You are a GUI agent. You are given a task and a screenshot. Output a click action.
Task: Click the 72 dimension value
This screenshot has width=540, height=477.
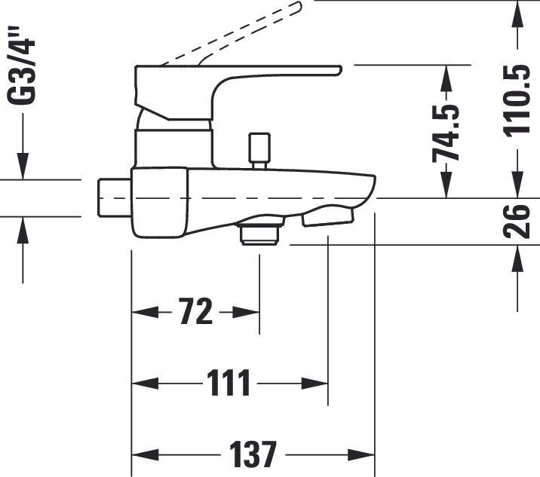[196, 311]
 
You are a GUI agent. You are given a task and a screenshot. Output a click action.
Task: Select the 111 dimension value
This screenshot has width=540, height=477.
[229, 384]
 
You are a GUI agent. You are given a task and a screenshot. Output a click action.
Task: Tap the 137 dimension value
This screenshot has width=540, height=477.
[254, 454]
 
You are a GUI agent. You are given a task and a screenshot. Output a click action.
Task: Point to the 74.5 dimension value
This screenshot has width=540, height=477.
[446, 133]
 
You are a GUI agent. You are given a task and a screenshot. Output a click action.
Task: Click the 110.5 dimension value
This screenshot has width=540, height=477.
[518, 99]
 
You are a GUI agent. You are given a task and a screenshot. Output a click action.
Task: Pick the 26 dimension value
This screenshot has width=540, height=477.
[518, 221]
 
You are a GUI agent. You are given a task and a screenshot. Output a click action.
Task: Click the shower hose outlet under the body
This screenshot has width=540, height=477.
[259, 231]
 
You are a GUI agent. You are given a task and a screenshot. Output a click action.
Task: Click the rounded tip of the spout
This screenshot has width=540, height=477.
[371, 187]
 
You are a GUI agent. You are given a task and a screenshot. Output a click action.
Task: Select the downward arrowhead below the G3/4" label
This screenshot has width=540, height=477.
[23, 170]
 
